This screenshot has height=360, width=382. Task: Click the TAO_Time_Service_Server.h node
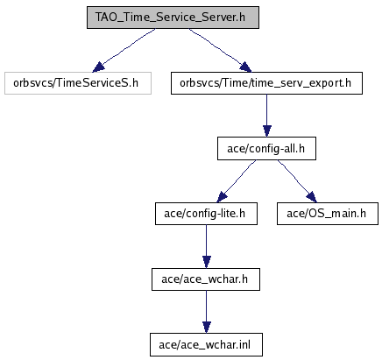[x=173, y=18]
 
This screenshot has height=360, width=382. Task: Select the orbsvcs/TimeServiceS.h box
[x=78, y=83]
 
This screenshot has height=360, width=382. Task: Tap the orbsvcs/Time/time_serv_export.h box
[x=266, y=83]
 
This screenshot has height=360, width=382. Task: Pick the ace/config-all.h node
[x=266, y=149]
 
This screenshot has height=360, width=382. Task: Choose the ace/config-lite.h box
[x=206, y=214]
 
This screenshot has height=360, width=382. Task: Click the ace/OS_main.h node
[x=328, y=214]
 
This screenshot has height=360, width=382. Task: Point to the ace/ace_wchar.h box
[x=206, y=279]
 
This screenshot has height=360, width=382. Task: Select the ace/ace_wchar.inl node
[x=206, y=345]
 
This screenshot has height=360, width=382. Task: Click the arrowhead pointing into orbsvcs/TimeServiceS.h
[x=98, y=67]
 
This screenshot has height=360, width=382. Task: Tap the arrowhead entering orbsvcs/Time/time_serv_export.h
[x=245, y=67]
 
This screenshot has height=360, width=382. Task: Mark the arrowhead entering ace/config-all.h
[x=267, y=131]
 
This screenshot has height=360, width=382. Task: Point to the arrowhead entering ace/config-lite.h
[x=222, y=197]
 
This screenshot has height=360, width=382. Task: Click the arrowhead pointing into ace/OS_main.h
[x=312, y=197]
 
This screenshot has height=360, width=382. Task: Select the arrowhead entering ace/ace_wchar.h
[x=207, y=263]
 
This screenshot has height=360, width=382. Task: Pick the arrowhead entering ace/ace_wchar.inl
[x=207, y=328]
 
